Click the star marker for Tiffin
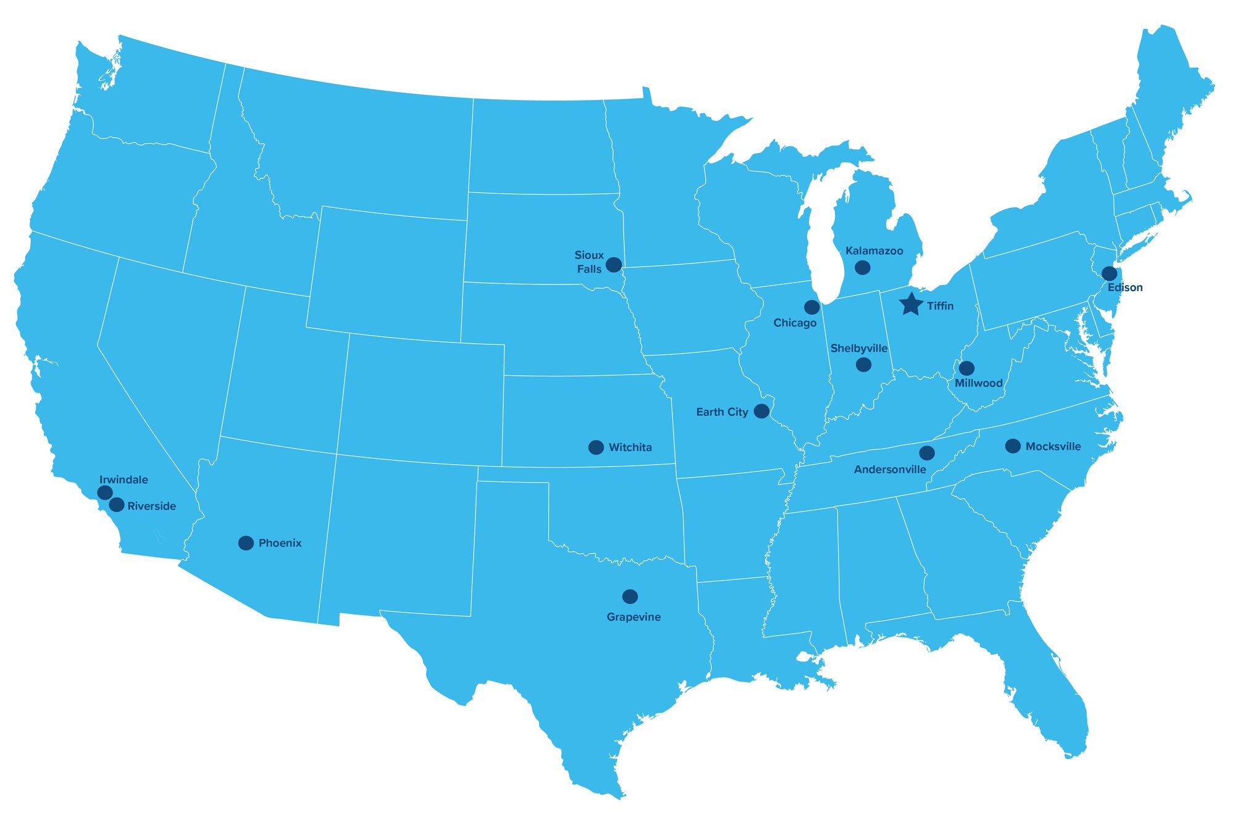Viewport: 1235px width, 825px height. tap(911, 304)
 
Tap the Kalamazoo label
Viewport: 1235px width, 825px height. tap(874, 251)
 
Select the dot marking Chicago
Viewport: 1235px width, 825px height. tap(812, 307)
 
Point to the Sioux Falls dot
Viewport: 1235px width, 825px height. tap(613, 265)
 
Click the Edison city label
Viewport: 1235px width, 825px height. tap(1125, 288)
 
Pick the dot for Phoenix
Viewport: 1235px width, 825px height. tap(246, 543)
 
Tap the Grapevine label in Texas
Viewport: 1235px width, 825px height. tap(634, 617)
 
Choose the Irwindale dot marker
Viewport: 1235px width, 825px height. tap(105, 492)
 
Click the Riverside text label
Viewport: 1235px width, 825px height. tap(151, 507)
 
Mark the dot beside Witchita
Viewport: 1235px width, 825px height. tap(596, 447)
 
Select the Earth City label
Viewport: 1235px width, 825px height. tap(722, 412)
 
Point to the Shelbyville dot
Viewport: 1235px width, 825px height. tap(863, 365)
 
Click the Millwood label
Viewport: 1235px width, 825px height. tap(978, 383)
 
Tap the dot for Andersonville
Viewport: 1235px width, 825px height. tap(927, 454)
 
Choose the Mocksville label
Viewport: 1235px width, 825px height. tap(1053, 447)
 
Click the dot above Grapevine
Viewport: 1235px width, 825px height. tap(630, 597)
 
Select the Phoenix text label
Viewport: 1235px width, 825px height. tap(280, 544)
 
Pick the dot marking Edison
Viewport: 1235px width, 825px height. tap(1109, 273)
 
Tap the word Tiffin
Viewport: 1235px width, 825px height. tap(940, 306)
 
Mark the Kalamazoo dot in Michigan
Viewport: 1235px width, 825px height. tap(862, 268)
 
